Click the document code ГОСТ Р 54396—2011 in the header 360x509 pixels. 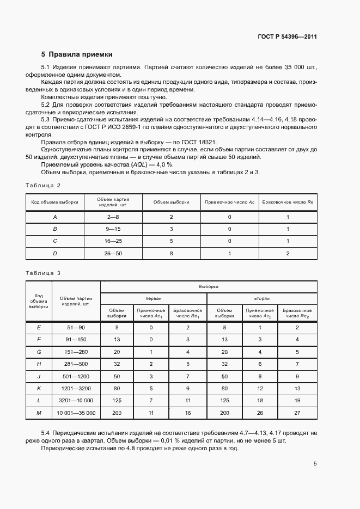pos(287,37)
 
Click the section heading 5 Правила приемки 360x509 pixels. pos(77,54)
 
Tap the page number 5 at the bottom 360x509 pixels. pos(315,464)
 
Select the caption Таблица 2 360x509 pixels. pos(43,185)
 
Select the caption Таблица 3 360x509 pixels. pos(43,272)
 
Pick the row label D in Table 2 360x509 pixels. pos(54,253)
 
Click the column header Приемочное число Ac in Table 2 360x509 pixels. pos(229,202)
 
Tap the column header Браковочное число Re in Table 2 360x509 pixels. pos(288,202)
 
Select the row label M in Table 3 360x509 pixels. pos(39,414)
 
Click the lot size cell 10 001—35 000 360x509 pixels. pos(76,414)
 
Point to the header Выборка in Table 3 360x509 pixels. pos(209,286)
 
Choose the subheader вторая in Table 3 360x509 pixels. pos(262,299)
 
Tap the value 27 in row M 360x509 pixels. pos(297,414)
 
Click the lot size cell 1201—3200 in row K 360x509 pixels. pos(76,389)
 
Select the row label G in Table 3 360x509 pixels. pos(39,352)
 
